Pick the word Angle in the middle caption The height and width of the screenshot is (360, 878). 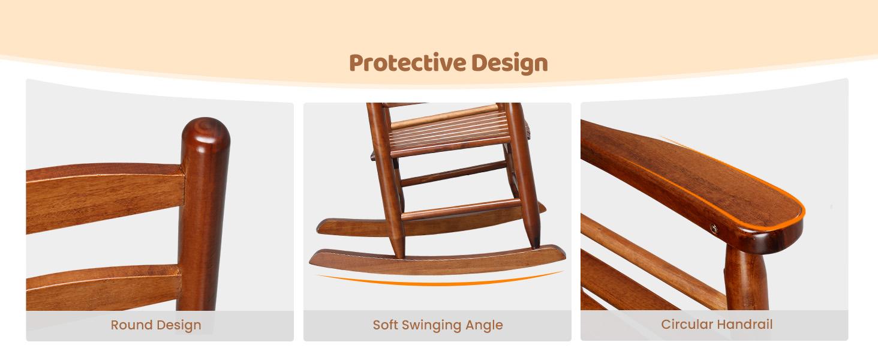pyautogui.click(x=485, y=326)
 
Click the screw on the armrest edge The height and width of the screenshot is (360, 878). pyautogui.click(x=714, y=227)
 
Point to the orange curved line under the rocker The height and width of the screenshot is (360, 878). pyautogui.click(x=438, y=280)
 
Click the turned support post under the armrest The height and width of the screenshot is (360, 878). pyautogui.click(x=746, y=276)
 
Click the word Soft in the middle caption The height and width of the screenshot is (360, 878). pyautogui.click(x=385, y=325)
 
